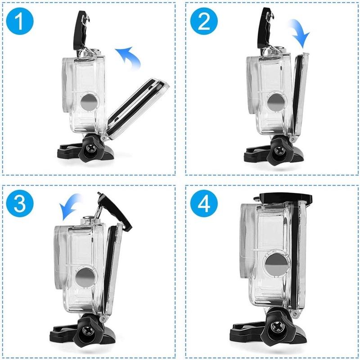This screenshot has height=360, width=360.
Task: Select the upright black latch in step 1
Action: point(81,31)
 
